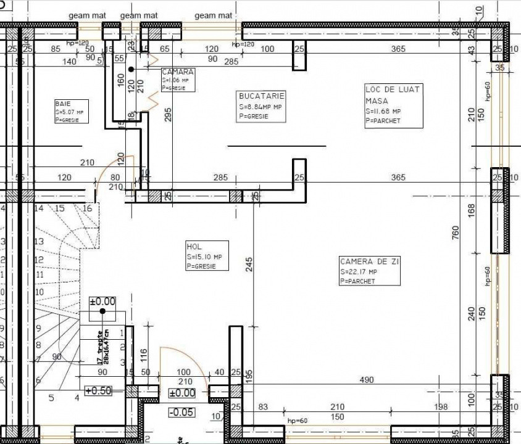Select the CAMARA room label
point(178,80)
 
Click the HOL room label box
point(207,255)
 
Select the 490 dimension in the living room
point(367,380)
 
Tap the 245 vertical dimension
point(248,264)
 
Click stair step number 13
point(39,242)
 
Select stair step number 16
point(87,208)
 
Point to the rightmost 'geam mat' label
point(214,15)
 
